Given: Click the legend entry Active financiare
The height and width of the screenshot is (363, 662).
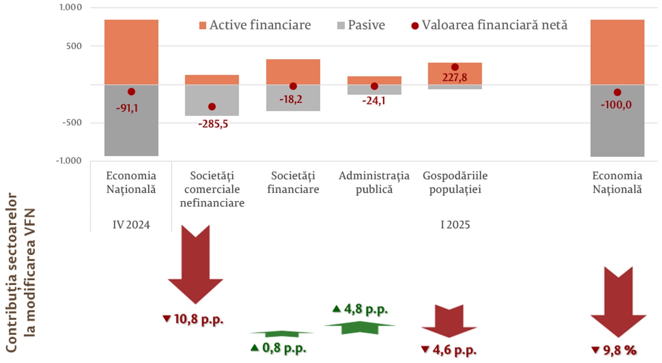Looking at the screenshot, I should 254,25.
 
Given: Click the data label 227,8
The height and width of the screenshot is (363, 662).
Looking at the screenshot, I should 454,77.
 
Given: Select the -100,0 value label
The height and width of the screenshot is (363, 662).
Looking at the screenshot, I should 617,106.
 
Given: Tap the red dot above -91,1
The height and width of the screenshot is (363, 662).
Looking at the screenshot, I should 131,91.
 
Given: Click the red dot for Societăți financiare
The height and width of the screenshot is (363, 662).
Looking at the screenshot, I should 293,86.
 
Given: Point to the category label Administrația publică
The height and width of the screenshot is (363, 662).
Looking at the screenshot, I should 374,182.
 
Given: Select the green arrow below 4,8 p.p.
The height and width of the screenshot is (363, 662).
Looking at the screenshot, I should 360,327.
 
